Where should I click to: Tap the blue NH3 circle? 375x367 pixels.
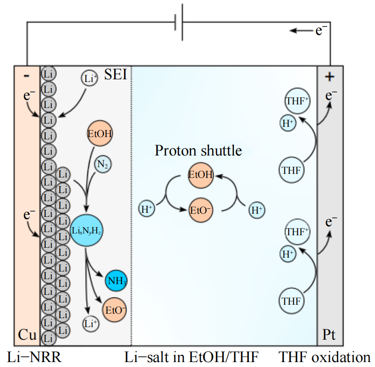(116, 281)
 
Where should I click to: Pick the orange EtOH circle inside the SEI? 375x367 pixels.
(100, 133)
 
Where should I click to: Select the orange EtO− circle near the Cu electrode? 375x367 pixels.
(115, 309)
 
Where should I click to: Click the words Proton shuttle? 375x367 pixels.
(198, 151)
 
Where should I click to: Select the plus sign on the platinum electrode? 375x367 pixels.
(330, 77)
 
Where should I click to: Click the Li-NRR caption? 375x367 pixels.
(34, 357)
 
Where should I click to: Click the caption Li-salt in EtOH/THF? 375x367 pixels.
(191, 357)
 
